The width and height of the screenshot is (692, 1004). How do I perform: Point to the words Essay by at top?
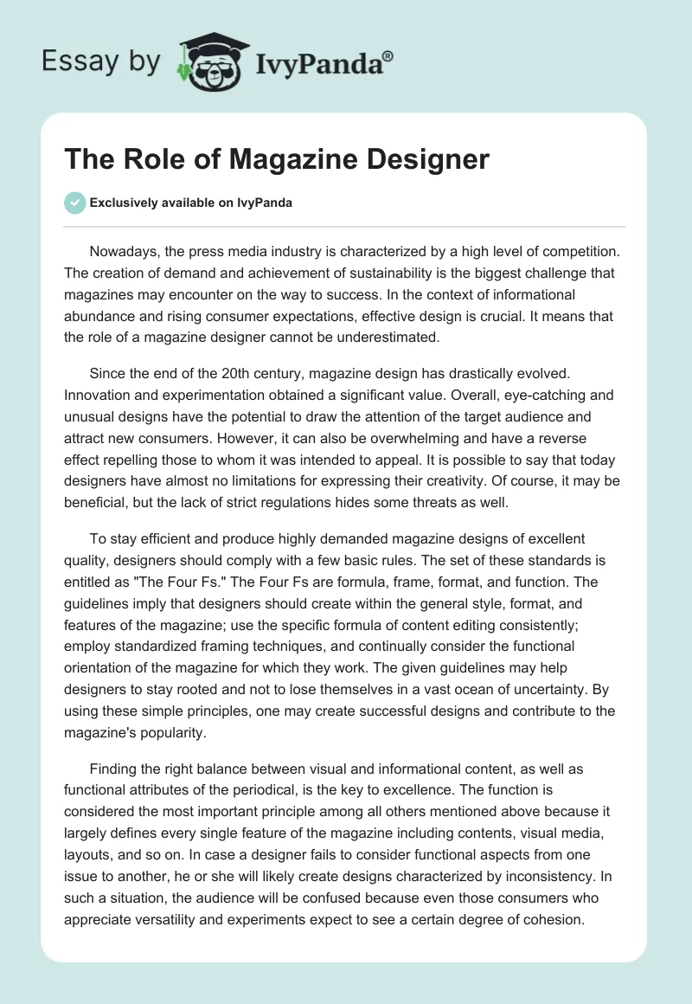click(101, 61)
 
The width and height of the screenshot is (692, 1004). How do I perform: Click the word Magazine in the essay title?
click(291, 159)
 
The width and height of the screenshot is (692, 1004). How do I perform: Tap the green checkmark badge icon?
click(74, 203)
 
